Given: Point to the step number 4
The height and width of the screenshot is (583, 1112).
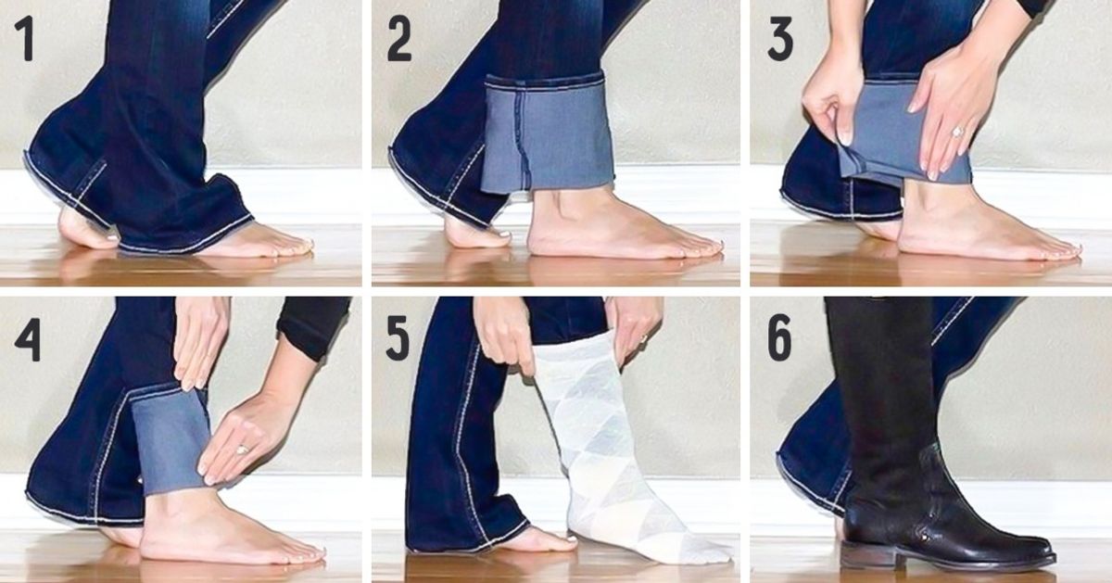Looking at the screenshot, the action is click(x=28, y=339).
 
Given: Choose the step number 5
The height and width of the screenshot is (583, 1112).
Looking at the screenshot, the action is click(x=398, y=339).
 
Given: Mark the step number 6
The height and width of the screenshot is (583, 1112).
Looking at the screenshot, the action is click(x=780, y=339).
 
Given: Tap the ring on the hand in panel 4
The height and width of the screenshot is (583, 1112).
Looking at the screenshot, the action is click(x=243, y=449).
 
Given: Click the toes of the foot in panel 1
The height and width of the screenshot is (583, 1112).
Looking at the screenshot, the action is click(x=293, y=246).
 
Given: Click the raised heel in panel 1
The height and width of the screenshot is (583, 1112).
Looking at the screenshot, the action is click(x=82, y=228).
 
